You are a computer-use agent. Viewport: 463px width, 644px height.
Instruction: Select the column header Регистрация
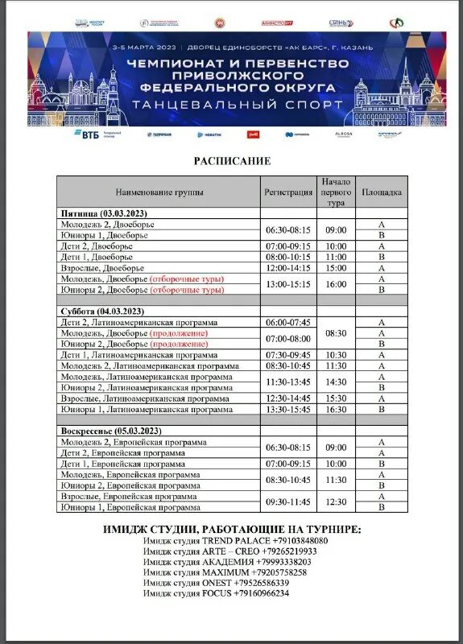tap(288, 192)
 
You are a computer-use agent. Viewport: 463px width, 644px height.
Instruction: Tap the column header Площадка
tap(380, 192)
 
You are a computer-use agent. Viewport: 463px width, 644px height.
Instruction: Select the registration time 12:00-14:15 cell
tap(288, 268)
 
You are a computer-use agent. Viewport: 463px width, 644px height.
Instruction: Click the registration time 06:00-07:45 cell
tap(288, 322)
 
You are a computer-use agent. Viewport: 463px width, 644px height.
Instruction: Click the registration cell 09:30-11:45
tap(288, 502)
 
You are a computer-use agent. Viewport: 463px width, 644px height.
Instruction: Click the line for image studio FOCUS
tap(216, 593)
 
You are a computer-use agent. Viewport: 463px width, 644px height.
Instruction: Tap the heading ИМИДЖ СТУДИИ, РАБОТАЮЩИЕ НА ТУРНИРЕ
tap(232, 529)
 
